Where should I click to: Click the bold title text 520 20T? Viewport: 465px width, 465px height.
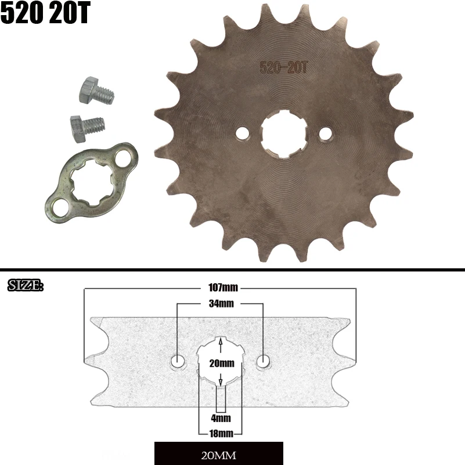click(45, 14)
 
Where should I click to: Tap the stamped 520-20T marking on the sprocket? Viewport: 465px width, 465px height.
click(283, 67)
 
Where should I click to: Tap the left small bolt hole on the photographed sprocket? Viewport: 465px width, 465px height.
click(241, 134)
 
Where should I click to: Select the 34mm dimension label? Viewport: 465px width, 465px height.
click(220, 304)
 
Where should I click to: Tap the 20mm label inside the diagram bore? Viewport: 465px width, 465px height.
click(221, 363)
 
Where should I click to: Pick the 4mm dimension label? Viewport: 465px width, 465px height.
click(221, 418)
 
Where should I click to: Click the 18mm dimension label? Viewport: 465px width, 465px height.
click(221, 433)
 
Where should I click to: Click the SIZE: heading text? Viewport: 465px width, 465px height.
click(25, 286)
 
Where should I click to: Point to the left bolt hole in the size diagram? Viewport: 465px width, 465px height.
click(178, 362)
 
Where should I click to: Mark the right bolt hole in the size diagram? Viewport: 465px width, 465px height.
click(264, 362)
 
